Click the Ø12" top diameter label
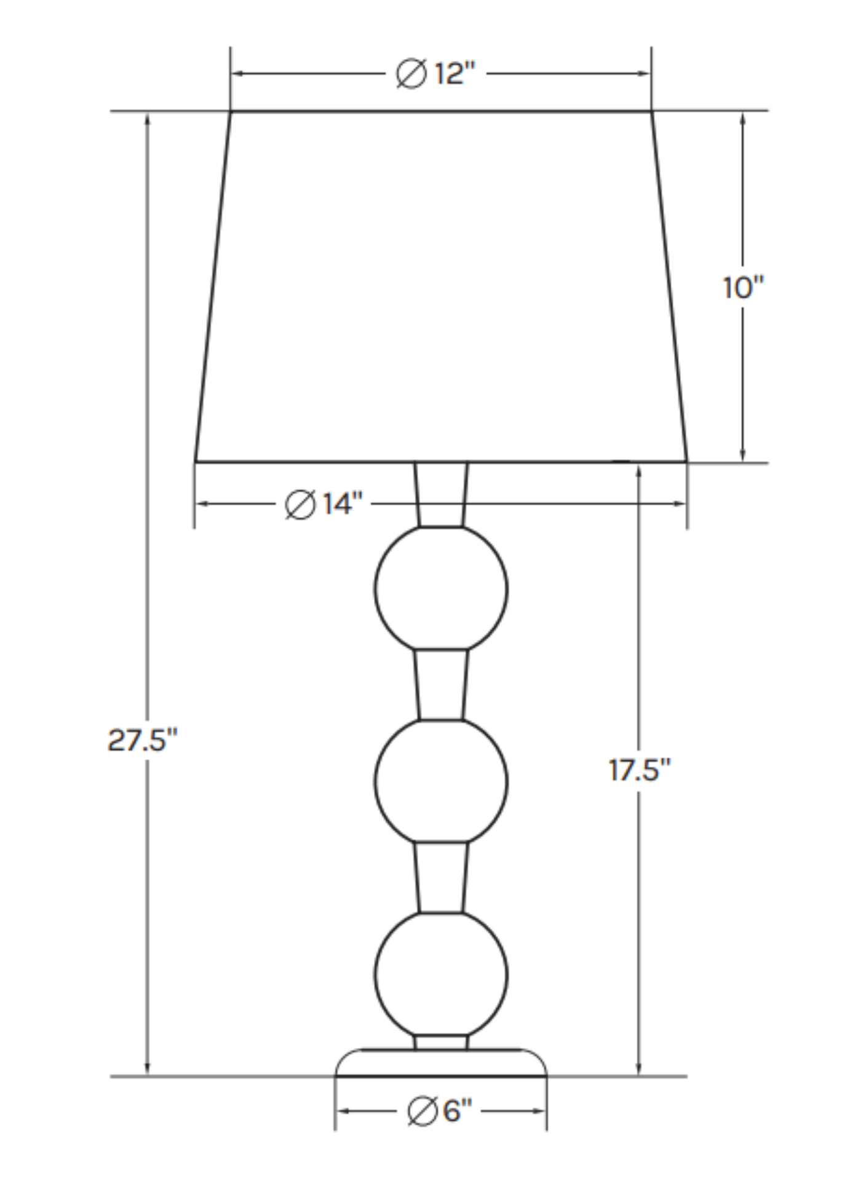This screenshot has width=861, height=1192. click(x=435, y=74)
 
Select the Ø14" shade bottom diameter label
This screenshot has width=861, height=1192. click(x=324, y=504)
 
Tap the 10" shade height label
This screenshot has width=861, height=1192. click(x=743, y=288)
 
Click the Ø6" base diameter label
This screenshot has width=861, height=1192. click(x=440, y=1111)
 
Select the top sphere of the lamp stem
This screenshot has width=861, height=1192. click(x=441, y=588)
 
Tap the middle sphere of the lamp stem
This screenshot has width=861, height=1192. click(x=441, y=781)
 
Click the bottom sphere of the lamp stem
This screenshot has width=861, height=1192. click(x=441, y=974)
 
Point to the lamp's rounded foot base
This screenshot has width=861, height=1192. click(x=441, y=1063)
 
